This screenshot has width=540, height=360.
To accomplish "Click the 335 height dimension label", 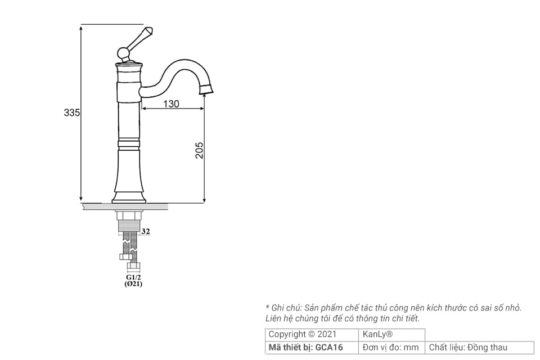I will pos(71,113).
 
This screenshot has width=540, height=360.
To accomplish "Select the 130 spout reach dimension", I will pos(171,103).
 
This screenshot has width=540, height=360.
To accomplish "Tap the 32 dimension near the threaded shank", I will pos(146,231).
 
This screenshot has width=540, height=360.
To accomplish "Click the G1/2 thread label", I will pos(133,277).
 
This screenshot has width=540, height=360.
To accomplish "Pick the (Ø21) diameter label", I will pos(133,285).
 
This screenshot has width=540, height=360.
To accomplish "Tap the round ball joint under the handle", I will pos(124,54).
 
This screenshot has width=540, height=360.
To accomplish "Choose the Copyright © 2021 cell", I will pos(303,334).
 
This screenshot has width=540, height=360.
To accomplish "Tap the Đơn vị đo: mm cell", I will pos(391,348).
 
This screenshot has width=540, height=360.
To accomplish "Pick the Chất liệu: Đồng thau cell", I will pos(469,348).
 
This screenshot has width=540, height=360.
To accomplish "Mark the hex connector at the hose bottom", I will pos(133,265).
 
